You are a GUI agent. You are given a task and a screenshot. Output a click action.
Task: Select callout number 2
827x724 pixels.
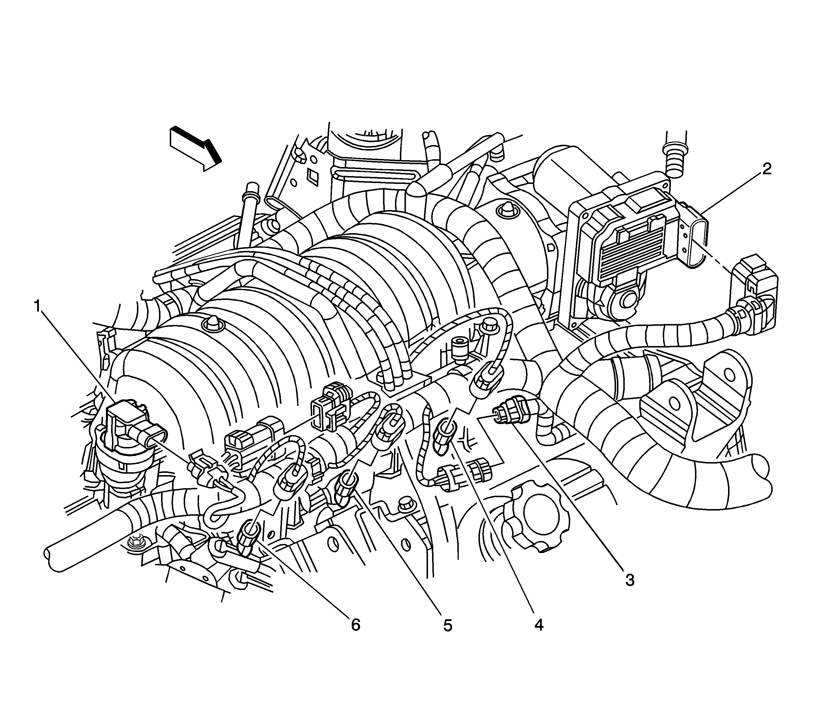(x=766, y=169)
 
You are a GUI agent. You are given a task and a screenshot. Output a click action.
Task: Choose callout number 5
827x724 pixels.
(x=447, y=625)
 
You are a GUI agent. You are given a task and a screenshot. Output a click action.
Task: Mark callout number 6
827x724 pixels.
(x=355, y=625)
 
